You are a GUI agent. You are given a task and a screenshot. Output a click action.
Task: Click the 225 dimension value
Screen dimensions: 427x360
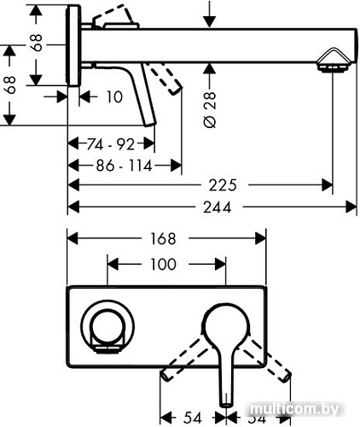tap(221, 184)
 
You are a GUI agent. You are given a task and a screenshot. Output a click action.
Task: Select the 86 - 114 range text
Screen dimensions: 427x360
tap(123, 166)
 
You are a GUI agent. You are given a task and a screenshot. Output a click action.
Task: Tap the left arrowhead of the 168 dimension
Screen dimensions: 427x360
tap(73, 241)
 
